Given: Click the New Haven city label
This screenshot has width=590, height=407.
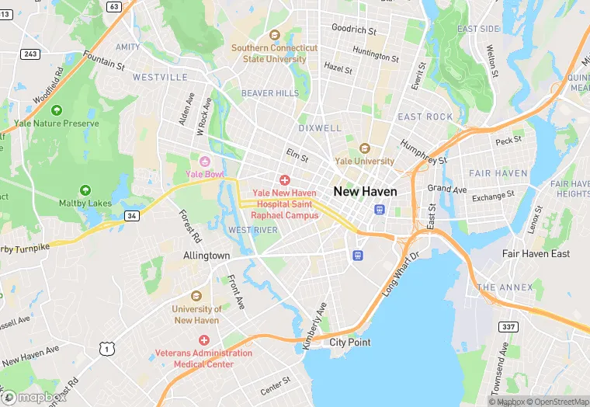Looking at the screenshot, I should [x=365, y=191].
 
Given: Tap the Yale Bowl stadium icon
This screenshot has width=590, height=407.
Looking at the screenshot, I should [x=205, y=161].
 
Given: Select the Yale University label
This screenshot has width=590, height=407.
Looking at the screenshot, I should [x=365, y=161].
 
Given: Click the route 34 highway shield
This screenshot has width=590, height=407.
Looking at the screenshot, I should [x=133, y=215].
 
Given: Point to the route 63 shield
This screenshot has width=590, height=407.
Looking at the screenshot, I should [x=114, y=6].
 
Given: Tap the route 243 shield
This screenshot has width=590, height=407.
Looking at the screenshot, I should [x=31, y=54].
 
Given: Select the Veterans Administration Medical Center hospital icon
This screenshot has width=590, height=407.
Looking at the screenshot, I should [x=204, y=340].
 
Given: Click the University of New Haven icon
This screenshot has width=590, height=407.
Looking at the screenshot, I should [x=196, y=296].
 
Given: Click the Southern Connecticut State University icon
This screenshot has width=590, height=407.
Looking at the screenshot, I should [x=274, y=35].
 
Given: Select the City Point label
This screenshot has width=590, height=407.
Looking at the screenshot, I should [x=349, y=342].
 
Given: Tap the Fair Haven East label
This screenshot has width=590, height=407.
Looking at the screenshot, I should [x=536, y=254].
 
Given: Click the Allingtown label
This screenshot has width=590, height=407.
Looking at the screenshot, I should [x=206, y=256].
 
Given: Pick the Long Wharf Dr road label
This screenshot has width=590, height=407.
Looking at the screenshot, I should [x=401, y=273].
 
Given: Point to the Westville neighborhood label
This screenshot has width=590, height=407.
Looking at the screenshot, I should [x=160, y=77].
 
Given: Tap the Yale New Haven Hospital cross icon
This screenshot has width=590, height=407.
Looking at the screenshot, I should [x=285, y=180].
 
